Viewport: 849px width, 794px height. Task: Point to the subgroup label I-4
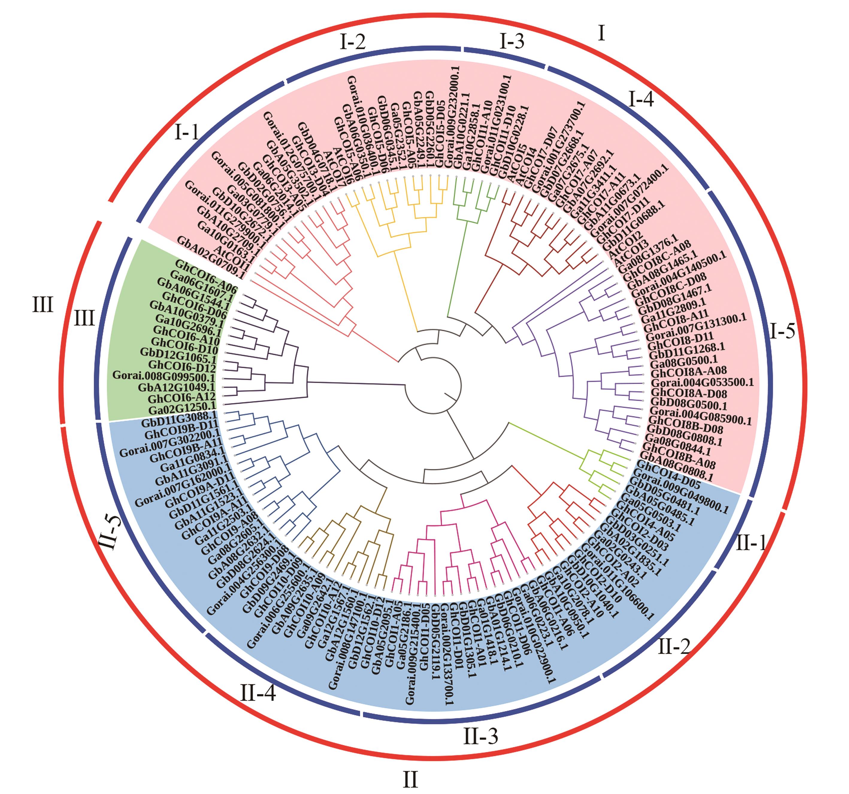coord(641,100)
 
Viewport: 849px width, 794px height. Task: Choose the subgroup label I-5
coord(783,331)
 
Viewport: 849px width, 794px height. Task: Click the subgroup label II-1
coord(750,543)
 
